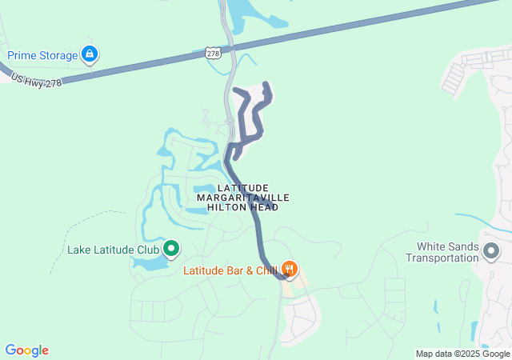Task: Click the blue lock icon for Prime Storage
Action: coord(90,54)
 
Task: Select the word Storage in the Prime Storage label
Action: coord(58,55)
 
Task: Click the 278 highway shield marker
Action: coord(213,53)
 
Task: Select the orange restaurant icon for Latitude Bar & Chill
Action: coord(290,269)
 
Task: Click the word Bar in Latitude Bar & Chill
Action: coord(236,270)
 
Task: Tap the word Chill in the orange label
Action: coord(266,270)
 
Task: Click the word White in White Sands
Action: coord(433,246)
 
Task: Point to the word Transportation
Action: coord(442,258)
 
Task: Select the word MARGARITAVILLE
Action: coord(242,197)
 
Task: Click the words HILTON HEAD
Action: coord(242,207)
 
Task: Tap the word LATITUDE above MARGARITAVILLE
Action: coord(242,187)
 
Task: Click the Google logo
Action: coord(26,350)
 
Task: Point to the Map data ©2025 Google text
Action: coord(462,354)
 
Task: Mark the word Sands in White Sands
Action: coord(466,246)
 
